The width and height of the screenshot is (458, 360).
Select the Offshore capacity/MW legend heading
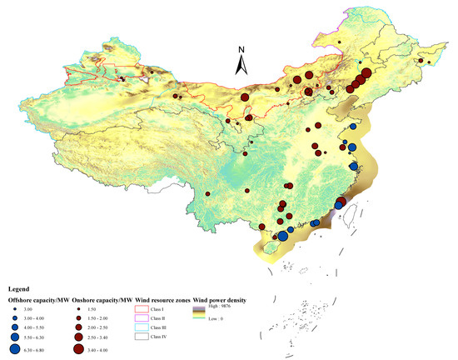point(38,298)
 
